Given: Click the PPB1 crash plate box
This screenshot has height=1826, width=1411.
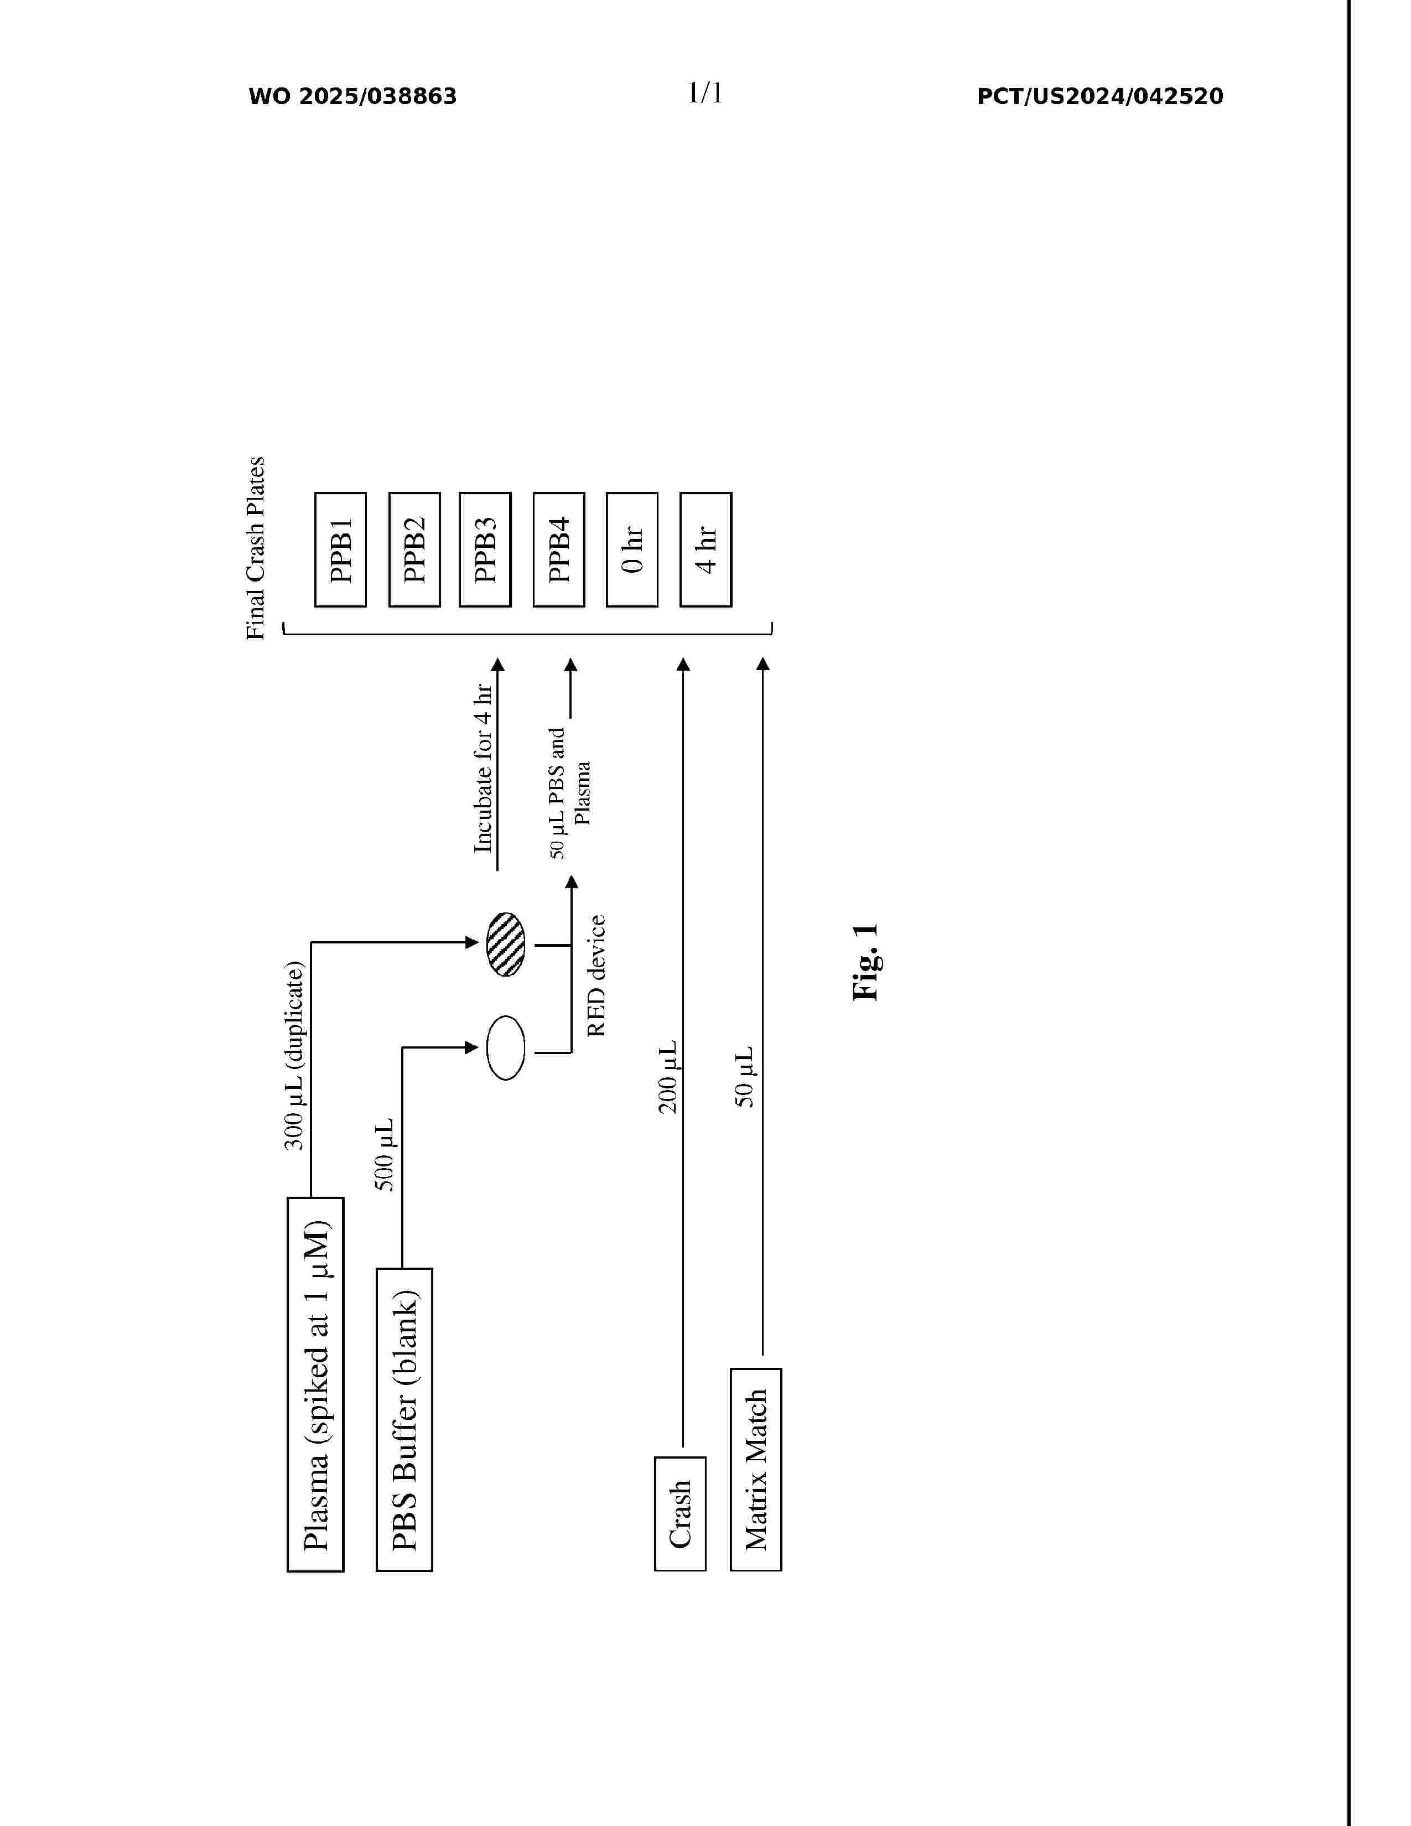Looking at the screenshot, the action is [x=340, y=549].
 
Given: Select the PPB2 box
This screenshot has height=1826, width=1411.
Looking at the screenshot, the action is [x=414, y=549].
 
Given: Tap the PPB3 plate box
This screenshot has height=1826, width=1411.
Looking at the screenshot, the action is [x=485, y=549].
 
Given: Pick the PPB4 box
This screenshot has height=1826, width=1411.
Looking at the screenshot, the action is [x=558, y=549].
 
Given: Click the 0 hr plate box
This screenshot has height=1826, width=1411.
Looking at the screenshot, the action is [x=632, y=549].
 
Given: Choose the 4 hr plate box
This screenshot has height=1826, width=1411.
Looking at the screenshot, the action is [x=705, y=549].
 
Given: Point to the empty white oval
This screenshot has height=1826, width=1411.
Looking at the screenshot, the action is [x=506, y=1047].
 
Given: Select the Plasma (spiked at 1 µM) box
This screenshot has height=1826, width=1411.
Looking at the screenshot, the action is [x=315, y=1384].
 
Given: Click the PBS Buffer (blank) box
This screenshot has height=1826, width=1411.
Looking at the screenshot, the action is [x=404, y=1420].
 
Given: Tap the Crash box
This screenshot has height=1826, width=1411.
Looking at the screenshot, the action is [x=679, y=1514].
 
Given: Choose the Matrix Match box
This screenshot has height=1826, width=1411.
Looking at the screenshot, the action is [x=756, y=1470].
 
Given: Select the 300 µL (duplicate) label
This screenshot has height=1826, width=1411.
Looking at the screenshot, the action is [x=294, y=1056].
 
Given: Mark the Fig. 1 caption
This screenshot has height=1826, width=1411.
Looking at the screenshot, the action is [x=866, y=962].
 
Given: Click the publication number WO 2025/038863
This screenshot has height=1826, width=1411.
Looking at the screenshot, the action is [x=353, y=97].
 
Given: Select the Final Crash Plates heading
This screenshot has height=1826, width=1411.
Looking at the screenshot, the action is [x=255, y=548].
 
